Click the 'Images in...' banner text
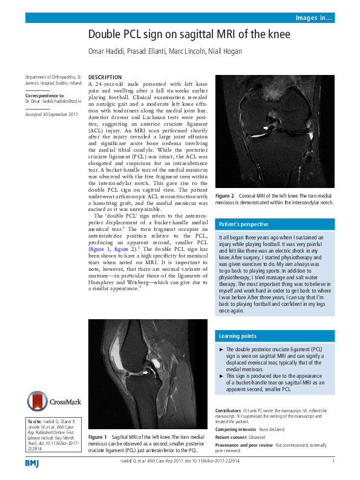pyautogui.click(x=313, y=18)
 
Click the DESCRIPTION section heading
pyautogui.click(x=105, y=78)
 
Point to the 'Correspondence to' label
pyautogui.click(x=44, y=96)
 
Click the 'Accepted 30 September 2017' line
pyautogui.click(x=51, y=114)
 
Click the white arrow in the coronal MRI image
pyautogui.click(x=266, y=128)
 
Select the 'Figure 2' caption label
pyautogui.click(x=225, y=196)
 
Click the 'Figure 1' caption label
pyautogui.click(x=98, y=437)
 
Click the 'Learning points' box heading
pyautogui.click(x=238, y=336)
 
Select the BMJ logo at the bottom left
pyautogui.click(x=31, y=463)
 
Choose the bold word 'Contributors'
pyautogui.click(x=229, y=411)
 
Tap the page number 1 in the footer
pyautogui.click(x=333, y=461)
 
